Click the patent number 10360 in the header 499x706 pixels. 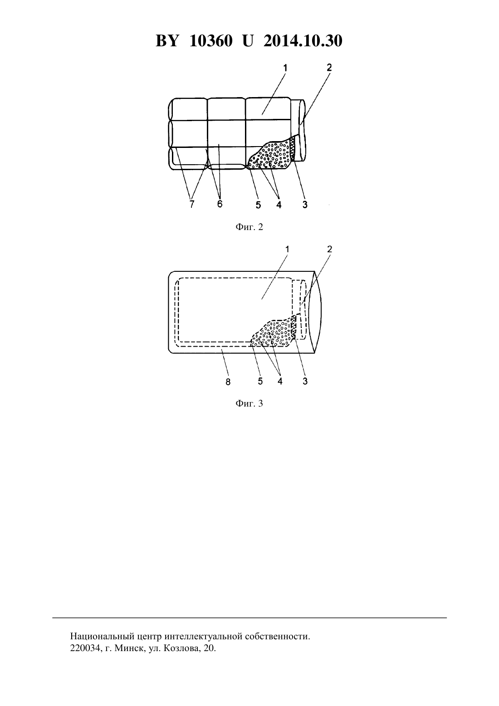click(211, 41)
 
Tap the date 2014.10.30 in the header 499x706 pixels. click(303, 41)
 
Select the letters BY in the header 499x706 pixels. click(167, 41)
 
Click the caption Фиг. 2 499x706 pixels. click(249, 227)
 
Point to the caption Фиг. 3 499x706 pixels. click(249, 403)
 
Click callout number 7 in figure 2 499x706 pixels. click(191, 204)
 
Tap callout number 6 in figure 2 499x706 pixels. click(220, 204)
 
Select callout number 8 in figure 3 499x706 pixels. click(228, 382)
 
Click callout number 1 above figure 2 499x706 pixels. click(285, 68)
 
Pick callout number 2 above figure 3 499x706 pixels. click(329, 249)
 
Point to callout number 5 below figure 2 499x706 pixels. click(258, 205)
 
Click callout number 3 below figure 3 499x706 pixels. click(305, 381)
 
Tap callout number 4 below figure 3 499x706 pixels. click(280, 381)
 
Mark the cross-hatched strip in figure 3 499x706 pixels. click(294, 328)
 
